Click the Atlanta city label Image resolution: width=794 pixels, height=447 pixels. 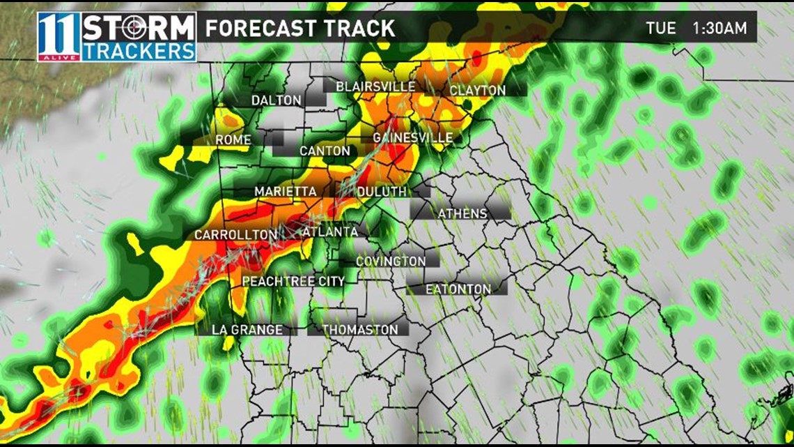pos(330,232)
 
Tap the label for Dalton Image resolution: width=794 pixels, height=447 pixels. pos(277,100)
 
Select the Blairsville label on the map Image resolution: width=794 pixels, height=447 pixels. pos(375,86)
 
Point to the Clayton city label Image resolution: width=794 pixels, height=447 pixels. pos(478,91)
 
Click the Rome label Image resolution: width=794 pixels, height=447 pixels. pos(233,140)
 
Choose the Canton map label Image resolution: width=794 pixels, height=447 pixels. pos(325,151)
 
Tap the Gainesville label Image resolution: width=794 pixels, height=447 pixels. pos(413,137)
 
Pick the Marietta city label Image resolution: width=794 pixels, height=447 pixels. pos(286,191)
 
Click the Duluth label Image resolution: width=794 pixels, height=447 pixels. pos(382,191)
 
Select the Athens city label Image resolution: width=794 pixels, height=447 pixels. pos(462,213)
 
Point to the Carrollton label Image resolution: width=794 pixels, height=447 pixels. pos(235,235)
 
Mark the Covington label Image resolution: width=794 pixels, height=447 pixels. pos(391,261)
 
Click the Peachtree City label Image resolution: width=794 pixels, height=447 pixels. pos(293,281)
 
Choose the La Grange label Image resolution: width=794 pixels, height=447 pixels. pos(248,329)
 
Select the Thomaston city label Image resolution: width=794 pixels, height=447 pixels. pos(360,329)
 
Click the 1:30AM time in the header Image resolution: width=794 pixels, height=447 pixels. pos(719,28)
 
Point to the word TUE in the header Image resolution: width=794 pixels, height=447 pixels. pos(661,28)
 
